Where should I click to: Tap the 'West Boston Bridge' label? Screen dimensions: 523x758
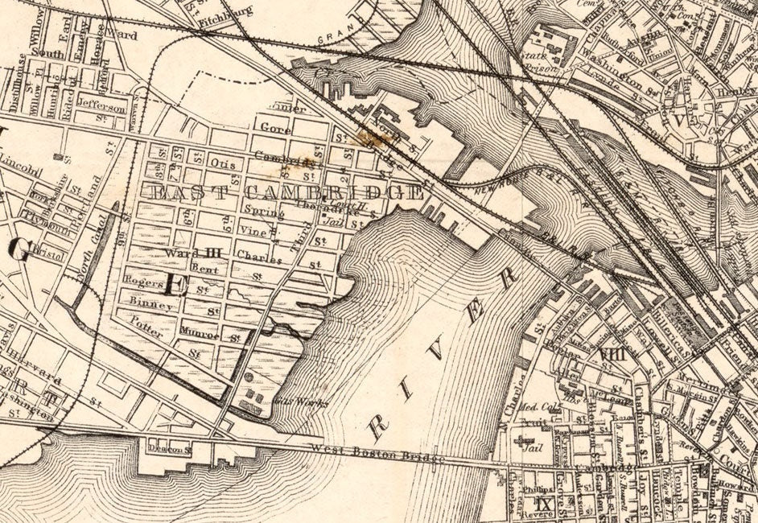377,452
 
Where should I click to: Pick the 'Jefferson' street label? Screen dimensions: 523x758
101,108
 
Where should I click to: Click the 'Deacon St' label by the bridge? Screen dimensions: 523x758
171,448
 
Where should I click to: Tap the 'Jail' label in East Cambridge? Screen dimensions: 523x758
332,222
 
